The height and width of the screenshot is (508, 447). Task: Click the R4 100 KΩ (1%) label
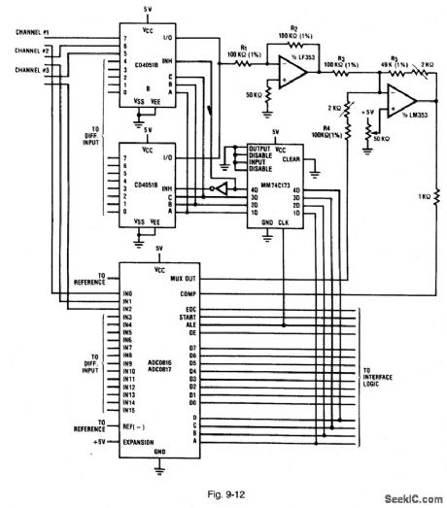(x=324, y=129)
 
